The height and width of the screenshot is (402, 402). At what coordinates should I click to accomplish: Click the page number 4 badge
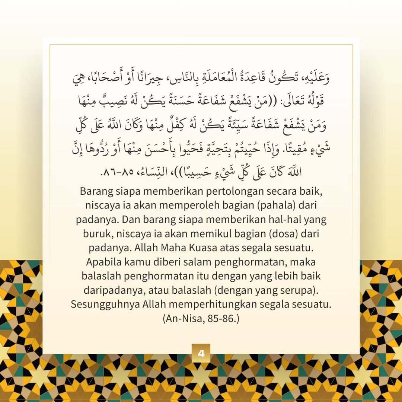click(201, 353)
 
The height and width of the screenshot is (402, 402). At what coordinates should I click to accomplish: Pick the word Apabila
click(102, 262)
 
